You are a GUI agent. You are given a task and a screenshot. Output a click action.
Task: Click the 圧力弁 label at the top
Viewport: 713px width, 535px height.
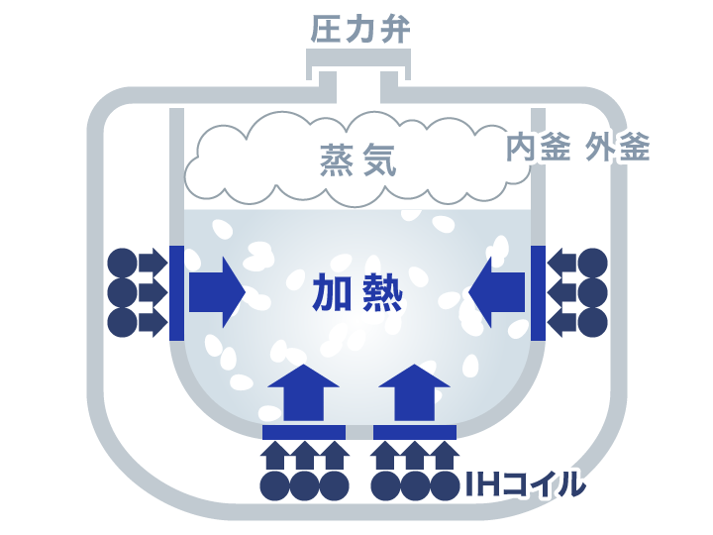click(x=359, y=29)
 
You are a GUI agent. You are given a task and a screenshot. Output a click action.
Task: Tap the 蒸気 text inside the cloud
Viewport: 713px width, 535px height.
click(x=357, y=160)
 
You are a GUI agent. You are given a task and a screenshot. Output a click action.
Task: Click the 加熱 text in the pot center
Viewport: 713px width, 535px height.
click(x=357, y=293)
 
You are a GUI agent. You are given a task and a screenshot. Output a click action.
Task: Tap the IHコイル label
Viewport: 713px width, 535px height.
click(x=525, y=485)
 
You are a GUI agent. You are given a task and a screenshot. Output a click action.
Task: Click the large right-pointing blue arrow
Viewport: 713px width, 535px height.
click(x=216, y=292)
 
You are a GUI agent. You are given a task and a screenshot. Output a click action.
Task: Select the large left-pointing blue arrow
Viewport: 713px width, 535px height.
click(x=498, y=292)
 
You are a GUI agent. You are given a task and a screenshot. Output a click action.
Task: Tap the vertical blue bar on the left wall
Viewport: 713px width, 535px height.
click(x=176, y=292)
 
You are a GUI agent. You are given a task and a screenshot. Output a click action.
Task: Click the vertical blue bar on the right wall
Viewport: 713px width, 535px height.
click(x=538, y=292)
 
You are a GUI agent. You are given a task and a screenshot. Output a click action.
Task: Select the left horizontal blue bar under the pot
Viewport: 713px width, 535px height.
click(x=303, y=432)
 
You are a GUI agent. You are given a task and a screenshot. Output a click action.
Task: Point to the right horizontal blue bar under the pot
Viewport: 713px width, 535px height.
click(x=414, y=432)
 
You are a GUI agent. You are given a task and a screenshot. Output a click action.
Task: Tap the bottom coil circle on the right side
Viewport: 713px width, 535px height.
click(x=592, y=323)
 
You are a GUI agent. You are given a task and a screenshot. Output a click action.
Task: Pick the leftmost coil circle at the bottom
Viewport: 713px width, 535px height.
click(x=274, y=484)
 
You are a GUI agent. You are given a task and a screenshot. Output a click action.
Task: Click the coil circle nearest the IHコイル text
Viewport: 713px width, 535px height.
click(x=445, y=484)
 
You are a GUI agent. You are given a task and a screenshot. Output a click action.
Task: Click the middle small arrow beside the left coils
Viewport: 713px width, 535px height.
click(x=152, y=292)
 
